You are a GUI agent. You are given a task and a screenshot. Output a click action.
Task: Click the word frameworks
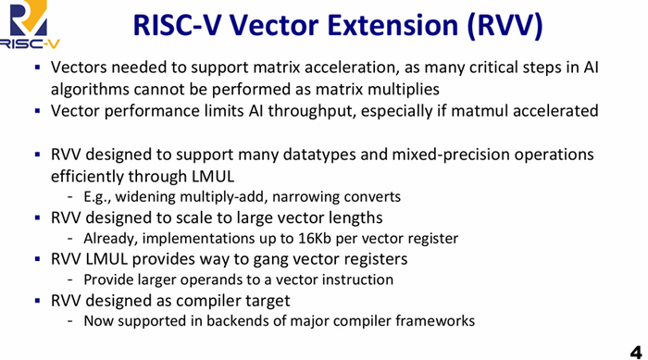[437, 321]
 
